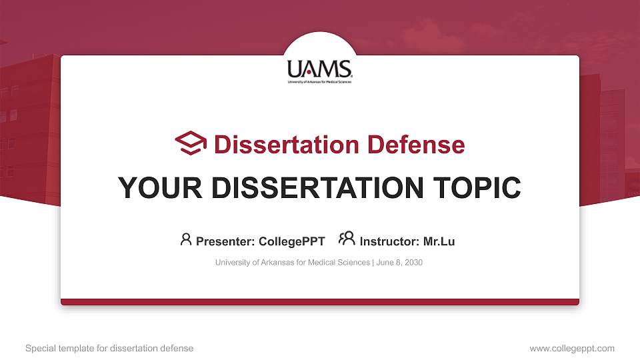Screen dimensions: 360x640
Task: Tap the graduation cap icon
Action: pos(191,143)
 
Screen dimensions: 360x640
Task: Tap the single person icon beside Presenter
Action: pos(186,239)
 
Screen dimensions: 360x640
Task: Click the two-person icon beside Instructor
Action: pos(346,239)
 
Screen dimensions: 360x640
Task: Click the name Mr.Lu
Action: pos(439,241)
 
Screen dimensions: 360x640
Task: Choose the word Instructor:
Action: pos(389,241)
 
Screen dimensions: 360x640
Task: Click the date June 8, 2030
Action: pos(399,263)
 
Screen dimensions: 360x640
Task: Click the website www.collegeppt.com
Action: pos(571,348)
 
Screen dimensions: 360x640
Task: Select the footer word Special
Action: pos(40,348)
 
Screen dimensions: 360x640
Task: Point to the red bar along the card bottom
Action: pos(320,302)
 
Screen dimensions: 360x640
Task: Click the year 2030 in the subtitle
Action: pos(413,263)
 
